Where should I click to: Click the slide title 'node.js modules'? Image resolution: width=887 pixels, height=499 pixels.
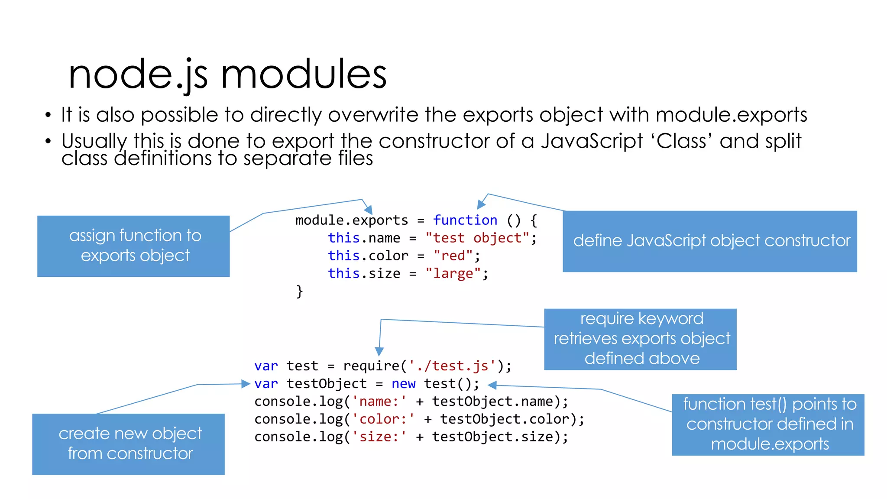point(227,75)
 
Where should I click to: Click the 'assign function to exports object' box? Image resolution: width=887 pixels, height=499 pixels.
point(133,246)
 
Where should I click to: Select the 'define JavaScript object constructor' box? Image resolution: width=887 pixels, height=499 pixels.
point(709,241)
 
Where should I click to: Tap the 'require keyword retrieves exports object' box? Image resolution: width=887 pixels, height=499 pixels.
point(640,339)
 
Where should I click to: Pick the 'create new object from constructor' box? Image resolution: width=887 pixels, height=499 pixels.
point(128,444)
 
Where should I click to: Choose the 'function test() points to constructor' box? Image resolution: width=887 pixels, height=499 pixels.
point(768,424)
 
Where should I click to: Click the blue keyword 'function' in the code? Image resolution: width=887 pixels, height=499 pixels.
point(465,220)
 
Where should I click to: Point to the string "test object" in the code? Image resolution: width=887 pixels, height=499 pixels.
point(477,238)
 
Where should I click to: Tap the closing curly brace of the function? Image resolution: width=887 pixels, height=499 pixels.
point(299,291)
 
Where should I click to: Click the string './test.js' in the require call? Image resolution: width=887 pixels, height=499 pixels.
point(452,366)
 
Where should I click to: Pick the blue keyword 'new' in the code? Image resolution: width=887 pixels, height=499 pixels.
point(403,384)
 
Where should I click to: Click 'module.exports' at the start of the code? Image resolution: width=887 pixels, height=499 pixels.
point(351,220)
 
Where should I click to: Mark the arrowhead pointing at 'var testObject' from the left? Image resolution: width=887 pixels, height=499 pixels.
point(246,384)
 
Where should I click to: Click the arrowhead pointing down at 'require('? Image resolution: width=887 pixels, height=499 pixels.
point(379,351)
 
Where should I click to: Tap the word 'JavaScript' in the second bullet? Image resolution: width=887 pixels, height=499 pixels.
point(592,141)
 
